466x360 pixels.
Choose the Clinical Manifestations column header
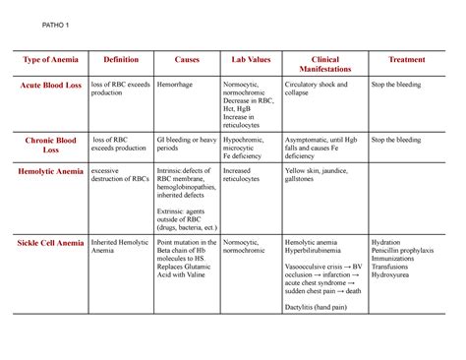323,65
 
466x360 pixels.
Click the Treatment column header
407,59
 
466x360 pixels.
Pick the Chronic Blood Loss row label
49,147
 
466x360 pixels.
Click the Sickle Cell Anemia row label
49,242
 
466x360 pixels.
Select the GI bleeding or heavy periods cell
185,146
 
